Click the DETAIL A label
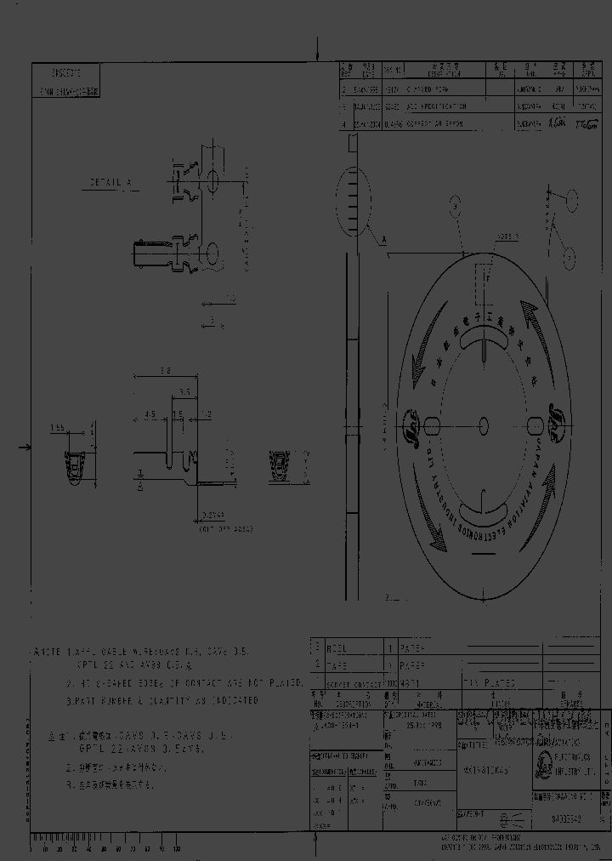click(x=111, y=182)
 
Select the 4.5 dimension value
click(x=150, y=415)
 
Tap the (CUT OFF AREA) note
click(x=226, y=529)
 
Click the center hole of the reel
click(x=484, y=424)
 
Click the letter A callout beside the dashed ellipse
click(x=383, y=242)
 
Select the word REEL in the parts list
click(x=337, y=648)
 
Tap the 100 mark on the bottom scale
click(x=176, y=849)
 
